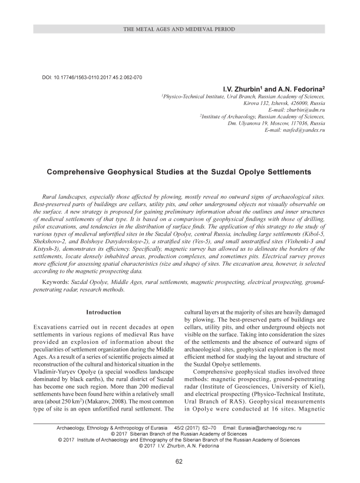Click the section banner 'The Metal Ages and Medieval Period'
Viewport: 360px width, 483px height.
[180, 29]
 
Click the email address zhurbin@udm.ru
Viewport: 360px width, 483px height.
[306, 110]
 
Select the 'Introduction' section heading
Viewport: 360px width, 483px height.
[104, 312]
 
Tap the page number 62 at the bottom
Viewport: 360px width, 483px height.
[180, 460]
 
